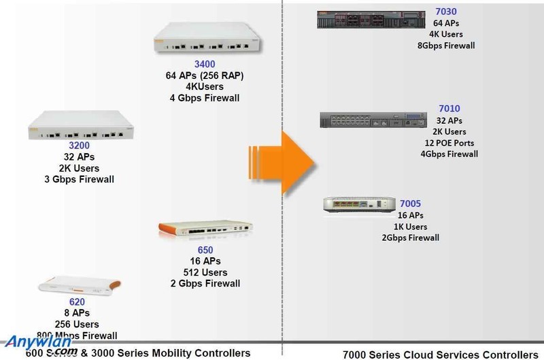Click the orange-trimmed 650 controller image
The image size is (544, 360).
(x=205, y=235)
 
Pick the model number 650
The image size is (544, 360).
(x=205, y=250)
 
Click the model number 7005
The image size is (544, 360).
(x=410, y=204)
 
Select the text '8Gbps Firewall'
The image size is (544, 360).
(x=445, y=46)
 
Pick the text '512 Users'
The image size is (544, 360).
(x=205, y=272)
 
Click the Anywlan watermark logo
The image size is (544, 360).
(x=41, y=344)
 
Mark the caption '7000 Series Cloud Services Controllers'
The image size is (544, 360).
(x=435, y=354)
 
